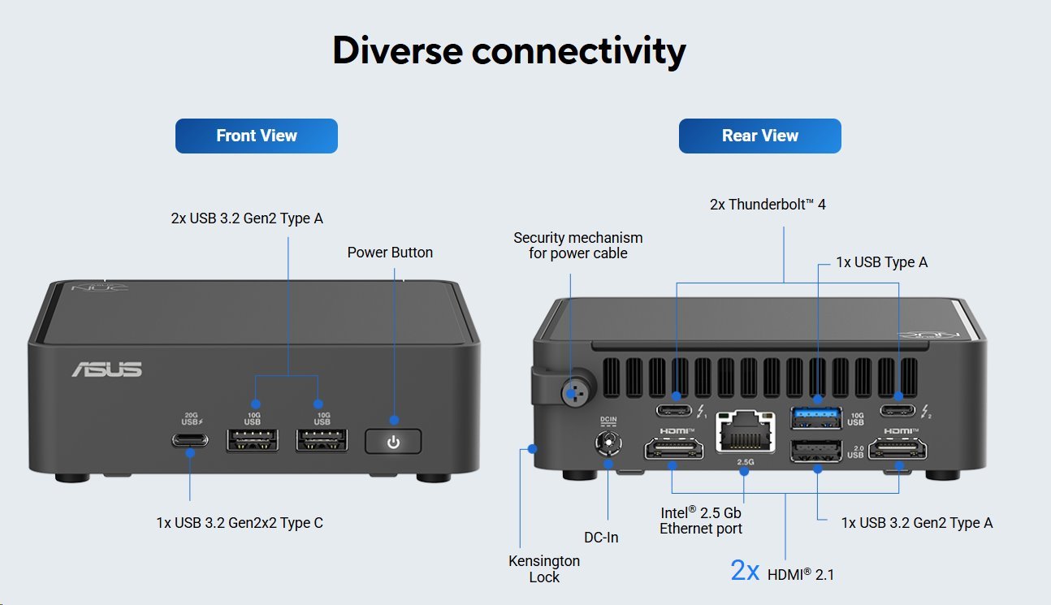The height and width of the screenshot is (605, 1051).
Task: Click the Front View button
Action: [256, 136]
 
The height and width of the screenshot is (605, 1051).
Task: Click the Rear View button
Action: [759, 136]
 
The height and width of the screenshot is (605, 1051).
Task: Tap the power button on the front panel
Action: [393, 442]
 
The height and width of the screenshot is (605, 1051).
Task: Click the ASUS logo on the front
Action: [106, 369]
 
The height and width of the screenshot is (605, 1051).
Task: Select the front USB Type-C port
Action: [189, 441]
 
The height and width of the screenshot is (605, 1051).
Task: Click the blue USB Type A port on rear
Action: [816, 417]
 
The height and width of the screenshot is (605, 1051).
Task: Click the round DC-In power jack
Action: [608, 444]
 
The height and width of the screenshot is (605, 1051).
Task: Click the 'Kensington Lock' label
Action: [544, 568]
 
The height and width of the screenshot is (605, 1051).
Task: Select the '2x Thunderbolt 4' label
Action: [768, 205]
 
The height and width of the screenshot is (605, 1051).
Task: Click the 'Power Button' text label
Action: [390, 253]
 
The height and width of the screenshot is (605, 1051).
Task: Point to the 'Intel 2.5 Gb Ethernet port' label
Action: [700, 521]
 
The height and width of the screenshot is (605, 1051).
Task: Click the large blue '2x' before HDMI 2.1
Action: [745, 571]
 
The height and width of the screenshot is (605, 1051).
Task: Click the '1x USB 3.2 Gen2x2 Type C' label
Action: [240, 523]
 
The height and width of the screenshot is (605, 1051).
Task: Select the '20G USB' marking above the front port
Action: [189, 420]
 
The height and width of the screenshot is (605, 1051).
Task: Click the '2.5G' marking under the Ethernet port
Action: [745, 462]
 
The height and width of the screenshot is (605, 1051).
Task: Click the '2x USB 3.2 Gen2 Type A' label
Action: [247, 218]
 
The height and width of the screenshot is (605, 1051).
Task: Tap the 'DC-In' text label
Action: [601, 537]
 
